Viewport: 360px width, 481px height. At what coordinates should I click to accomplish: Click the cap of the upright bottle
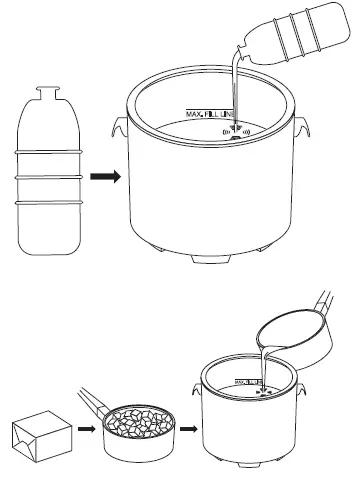click(x=46, y=92)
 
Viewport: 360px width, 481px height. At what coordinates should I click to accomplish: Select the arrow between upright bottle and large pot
click(x=103, y=177)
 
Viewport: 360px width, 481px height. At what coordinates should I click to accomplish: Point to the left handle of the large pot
click(x=118, y=129)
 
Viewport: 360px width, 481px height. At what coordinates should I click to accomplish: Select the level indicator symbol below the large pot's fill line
click(x=235, y=131)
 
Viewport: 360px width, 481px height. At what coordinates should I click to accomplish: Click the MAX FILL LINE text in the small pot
click(x=249, y=381)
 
